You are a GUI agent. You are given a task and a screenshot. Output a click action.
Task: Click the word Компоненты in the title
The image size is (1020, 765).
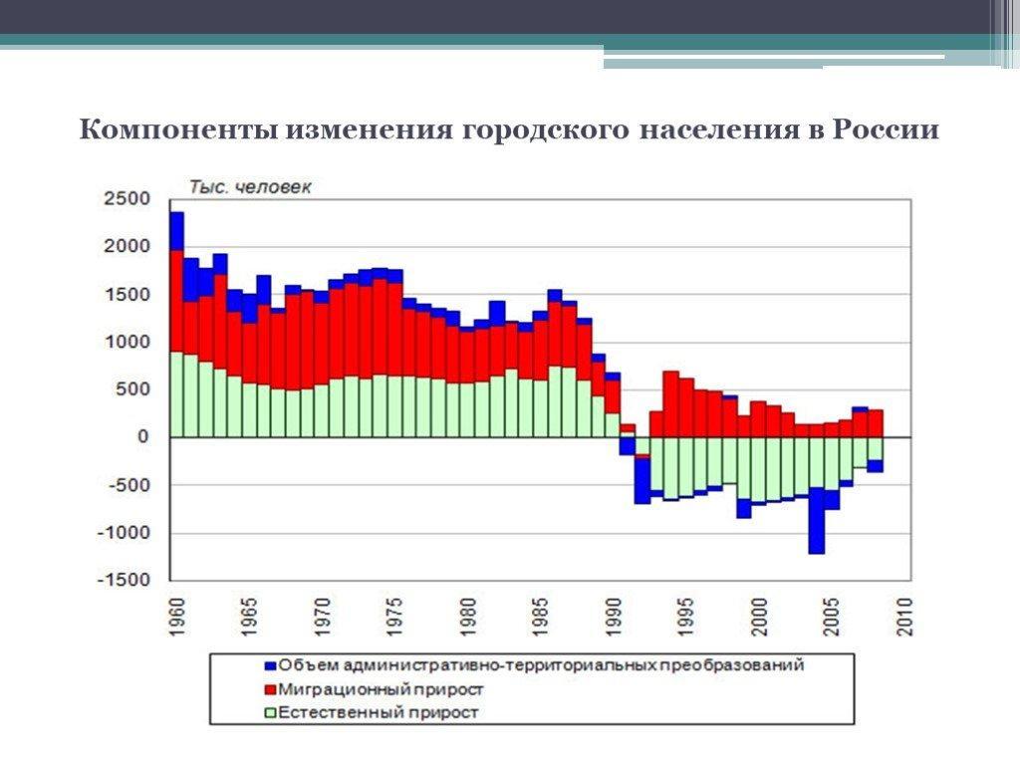coord(179,131)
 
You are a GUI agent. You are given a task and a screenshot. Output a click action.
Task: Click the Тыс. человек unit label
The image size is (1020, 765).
coord(251,187)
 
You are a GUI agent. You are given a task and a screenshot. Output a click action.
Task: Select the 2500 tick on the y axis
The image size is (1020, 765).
coord(127,199)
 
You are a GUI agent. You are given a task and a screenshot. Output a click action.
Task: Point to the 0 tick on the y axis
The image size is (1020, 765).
coord(143,437)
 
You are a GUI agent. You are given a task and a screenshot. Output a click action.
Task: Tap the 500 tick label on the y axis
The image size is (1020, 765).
coord(132,389)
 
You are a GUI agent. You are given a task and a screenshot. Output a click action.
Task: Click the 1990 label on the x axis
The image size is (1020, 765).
coord(615,617)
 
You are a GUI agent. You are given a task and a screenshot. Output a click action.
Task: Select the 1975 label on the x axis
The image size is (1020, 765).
coord(396,617)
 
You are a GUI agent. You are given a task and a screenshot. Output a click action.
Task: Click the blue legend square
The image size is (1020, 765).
coord(270,664)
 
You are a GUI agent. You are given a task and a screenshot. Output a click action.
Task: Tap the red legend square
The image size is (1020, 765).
coord(270,688)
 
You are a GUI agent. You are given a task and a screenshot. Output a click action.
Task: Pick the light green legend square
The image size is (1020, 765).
coord(270,712)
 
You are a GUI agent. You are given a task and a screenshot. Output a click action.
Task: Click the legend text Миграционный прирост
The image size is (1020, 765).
coord(382,688)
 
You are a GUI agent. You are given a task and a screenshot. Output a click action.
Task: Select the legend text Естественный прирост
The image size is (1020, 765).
coord(379,712)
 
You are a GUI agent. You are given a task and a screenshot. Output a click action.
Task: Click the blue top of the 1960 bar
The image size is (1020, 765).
coord(177,230)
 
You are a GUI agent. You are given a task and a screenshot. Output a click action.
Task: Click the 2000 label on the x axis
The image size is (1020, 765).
coord(760,617)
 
